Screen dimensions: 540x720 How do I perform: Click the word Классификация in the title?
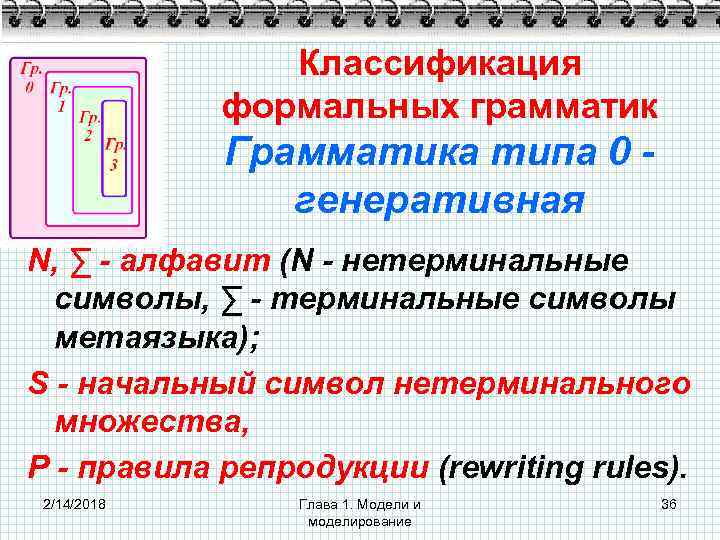coord(440,63)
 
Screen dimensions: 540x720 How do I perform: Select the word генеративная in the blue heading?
coord(440,200)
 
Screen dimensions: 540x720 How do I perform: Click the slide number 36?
coord(669,502)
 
